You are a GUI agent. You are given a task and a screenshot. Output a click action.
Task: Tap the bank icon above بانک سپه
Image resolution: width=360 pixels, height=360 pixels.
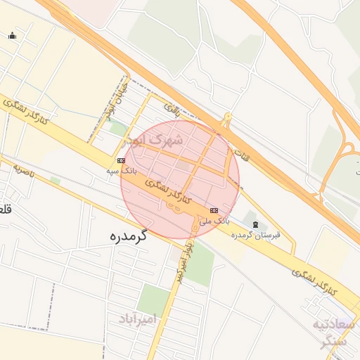coord(121,160)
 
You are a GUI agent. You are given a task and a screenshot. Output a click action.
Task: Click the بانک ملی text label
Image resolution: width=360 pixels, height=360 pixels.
coord(214,221)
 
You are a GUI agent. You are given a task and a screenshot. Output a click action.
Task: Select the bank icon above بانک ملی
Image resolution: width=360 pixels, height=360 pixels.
coord(214,210)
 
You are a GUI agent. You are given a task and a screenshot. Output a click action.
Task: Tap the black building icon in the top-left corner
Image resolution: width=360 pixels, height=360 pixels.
coord(11,35)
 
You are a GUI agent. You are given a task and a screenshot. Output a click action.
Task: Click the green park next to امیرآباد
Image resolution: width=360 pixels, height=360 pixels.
coord(153,299)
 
